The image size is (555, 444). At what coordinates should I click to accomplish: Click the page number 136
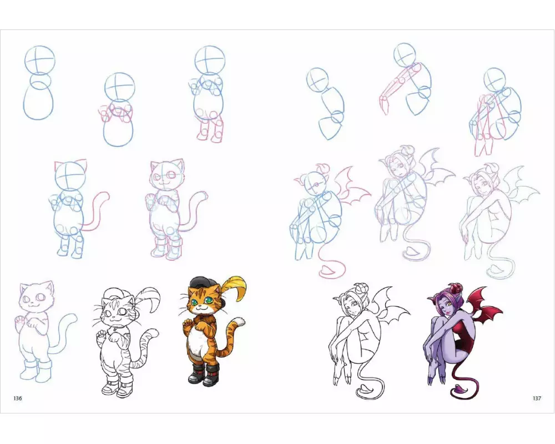tap(18, 398)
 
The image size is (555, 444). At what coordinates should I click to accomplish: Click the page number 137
tap(537, 398)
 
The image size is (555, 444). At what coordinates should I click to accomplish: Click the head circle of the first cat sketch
tap(39, 60)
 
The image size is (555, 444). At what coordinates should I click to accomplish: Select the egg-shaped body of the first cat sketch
tap(39, 100)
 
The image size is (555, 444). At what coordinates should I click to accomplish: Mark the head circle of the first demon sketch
tap(318, 80)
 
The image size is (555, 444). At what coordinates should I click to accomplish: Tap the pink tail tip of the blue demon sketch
tap(328, 271)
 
